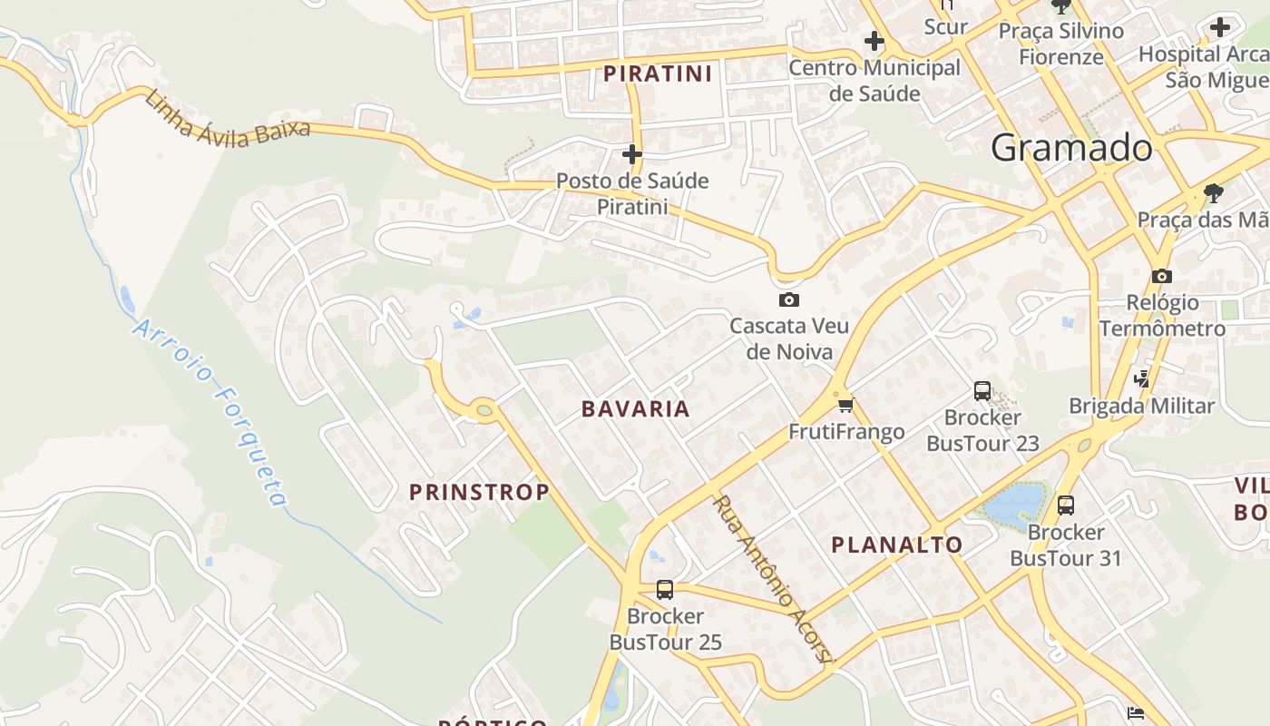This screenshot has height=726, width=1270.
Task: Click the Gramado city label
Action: [1071, 147]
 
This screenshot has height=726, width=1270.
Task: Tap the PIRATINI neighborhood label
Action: [658, 74]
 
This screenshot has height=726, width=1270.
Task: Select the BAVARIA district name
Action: [636, 408]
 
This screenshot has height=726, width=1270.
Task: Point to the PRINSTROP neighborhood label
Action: [479, 492]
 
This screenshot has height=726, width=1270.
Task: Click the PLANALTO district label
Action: [897, 544]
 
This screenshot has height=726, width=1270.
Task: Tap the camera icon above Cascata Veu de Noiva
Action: [789, 299]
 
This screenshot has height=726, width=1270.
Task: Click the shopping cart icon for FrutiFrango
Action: [846, 405]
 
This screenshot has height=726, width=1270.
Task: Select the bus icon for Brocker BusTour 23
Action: [982, 391]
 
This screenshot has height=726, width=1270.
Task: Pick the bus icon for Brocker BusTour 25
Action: [665, 590]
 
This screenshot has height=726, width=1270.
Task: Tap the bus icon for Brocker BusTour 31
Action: [1066, 505]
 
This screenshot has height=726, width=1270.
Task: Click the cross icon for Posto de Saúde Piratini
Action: [632, 154]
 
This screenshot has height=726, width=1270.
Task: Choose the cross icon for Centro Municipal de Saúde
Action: [874, 41]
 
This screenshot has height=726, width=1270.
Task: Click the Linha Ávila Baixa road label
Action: [227, 115]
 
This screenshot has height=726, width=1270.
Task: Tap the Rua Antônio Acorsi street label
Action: [772, 579]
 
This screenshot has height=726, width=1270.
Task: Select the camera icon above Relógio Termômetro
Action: [1162, 276]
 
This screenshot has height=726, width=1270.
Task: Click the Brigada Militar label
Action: [1141, 406]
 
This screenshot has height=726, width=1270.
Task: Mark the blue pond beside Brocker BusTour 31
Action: [1014, 505]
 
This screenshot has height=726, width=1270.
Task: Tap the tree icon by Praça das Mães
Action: [1213, 192]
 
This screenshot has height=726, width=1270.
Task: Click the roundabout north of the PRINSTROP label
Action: [484, 411]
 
